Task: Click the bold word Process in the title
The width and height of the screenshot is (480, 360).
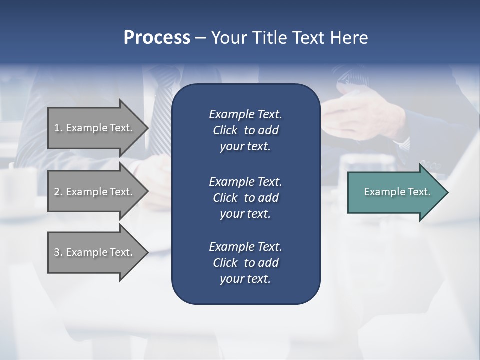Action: click(x=157, y=38)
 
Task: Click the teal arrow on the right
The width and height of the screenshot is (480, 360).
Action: click(x=395, y=192)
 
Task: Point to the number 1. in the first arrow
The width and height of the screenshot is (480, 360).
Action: click(x=58, y=128)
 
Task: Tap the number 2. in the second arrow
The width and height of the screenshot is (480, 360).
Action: click(x=58, y=192)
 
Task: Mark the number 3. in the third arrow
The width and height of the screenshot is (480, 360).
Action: click(x=58, y=252)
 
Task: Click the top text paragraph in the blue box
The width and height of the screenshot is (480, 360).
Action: click(x=245, y=130)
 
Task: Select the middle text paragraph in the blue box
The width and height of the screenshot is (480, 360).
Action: click(x=245, y=197)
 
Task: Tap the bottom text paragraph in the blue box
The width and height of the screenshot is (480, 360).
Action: click(x=245, y=263)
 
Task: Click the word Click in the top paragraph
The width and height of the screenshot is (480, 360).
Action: click(x=225, y=130)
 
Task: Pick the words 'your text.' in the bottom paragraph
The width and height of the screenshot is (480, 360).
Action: click(x=245, y=279)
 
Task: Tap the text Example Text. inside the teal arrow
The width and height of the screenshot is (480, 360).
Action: click(x=397, y=192)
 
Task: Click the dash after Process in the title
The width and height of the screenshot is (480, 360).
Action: click(x=200, y=38)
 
